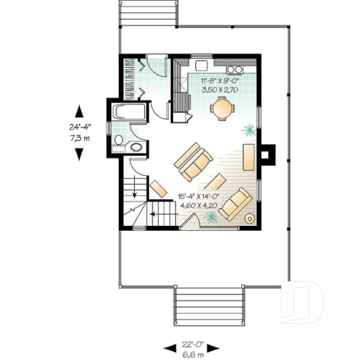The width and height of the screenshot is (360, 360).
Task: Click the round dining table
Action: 220,109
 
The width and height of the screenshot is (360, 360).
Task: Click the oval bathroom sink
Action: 137,147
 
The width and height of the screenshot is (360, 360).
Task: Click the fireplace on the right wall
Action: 268,154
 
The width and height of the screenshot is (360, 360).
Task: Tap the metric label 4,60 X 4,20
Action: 201,207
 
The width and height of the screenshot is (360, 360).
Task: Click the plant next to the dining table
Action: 250,130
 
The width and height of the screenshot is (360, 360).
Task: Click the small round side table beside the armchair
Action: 249,218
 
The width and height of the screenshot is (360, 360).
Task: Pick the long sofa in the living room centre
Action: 192,162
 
